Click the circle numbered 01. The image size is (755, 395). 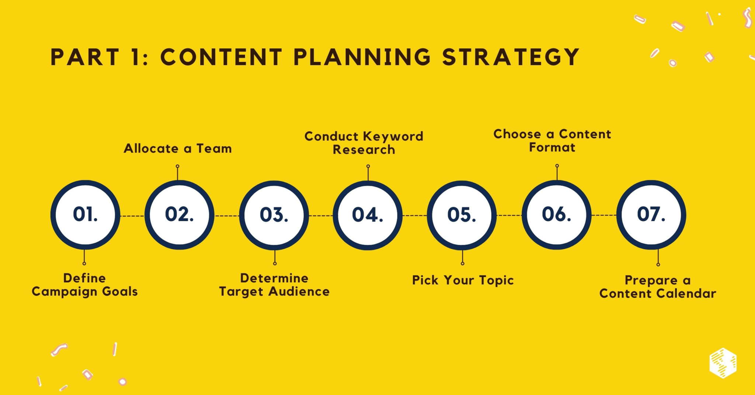click(85, 215)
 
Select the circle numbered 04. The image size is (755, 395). click(368, 215)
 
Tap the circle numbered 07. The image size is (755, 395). click(651, 215)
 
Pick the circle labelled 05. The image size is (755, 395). click(462, 215)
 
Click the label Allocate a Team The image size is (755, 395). click(178, 148)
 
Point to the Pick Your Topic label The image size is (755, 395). click(463, 280)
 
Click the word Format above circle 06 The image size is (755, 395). click(552, 147)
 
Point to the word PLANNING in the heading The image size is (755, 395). click(362, 57)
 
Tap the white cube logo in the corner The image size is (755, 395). click(723, 363)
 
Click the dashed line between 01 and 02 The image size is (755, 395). click(132, 216)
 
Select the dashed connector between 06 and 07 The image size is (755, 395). click(604, 215)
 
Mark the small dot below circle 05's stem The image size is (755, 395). click(462, 263)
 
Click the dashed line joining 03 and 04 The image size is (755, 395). click(321, 216)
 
